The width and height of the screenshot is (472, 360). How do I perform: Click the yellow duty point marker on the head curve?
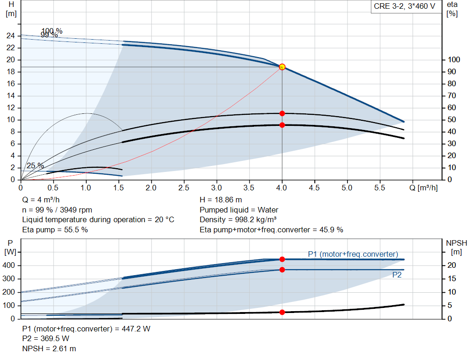(x=282, y=67)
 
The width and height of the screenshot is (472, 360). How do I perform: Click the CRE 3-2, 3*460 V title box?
(x=404, y=7)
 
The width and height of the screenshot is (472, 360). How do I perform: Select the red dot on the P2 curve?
(x=282, y=270)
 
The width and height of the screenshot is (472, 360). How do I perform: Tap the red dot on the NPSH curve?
(x=282, y=312)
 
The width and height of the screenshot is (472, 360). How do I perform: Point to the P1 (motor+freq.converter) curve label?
(x=353, y=254)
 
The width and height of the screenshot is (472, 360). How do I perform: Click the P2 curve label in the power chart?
(x=397, y=275)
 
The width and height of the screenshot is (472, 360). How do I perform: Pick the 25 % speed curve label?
(x=35, y=165)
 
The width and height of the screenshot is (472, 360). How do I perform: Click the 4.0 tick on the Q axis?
(x=282, y=188)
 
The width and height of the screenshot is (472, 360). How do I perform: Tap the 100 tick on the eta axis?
(x=454, y=60)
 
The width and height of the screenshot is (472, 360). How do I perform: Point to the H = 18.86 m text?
(x=221, y=200)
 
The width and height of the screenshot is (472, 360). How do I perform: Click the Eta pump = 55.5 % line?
(x=55, y=230)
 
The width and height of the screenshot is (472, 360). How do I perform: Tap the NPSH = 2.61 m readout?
(x=49, y=348)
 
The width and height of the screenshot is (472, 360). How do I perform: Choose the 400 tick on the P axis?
(x=10, y=266)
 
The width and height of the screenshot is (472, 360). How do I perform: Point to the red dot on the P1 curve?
(x=282, y=259)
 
